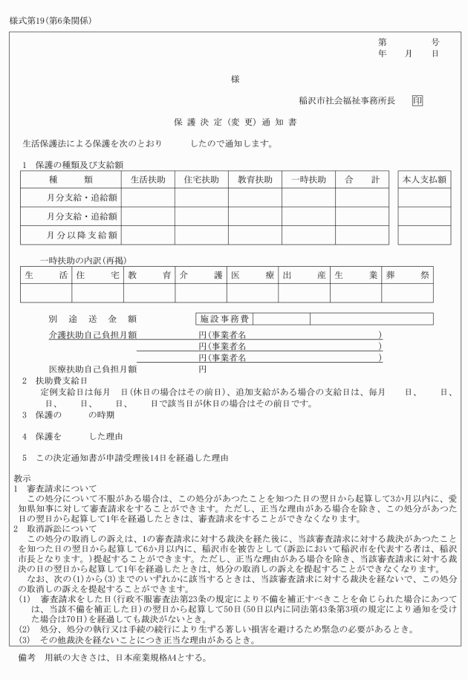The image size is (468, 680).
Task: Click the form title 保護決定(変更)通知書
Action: [x=234, y=120]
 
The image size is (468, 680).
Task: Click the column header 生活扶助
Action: [x=148, y=180]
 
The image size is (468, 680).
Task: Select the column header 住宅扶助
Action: [x=201, y=180]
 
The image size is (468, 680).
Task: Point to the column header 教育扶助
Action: [x=255, y=180]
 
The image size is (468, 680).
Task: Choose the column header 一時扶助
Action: [x=308, y=180]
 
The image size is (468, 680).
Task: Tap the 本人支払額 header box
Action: [x=424, y=180]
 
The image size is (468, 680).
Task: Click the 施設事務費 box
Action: [x=226, y=319]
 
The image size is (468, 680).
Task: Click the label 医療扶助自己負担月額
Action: [x=93, y=369]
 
